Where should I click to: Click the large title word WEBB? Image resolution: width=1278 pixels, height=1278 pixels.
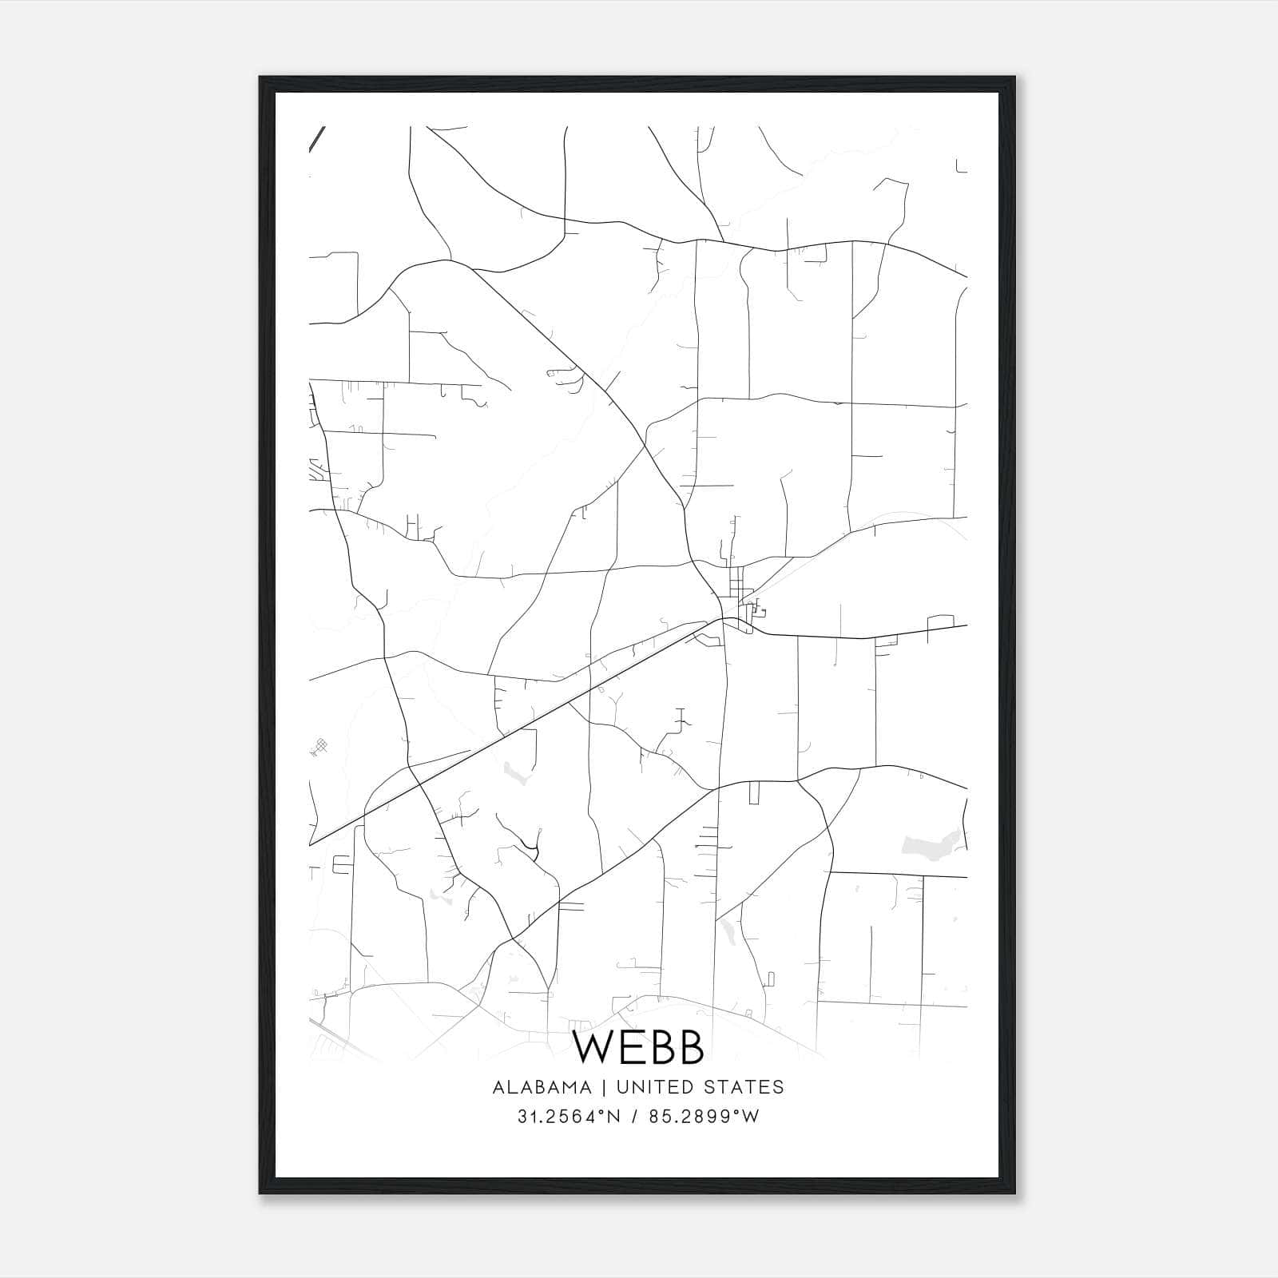pos(638,1048)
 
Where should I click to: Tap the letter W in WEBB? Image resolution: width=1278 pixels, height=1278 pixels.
pos(593,1048)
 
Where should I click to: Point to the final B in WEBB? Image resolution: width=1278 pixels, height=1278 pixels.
pos(691,1048)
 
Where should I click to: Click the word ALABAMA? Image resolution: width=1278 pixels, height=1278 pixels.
pos(542,1087)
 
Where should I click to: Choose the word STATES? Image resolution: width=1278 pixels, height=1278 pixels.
pos(750,1087)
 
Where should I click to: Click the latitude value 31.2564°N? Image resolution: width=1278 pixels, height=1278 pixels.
pos(569,1117)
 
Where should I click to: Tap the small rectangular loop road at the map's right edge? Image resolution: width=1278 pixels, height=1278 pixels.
pos(941,621)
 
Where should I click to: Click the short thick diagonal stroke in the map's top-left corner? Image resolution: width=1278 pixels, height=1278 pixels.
pos(316,138)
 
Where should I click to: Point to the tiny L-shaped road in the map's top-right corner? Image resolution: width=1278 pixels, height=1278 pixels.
pos(960,167)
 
